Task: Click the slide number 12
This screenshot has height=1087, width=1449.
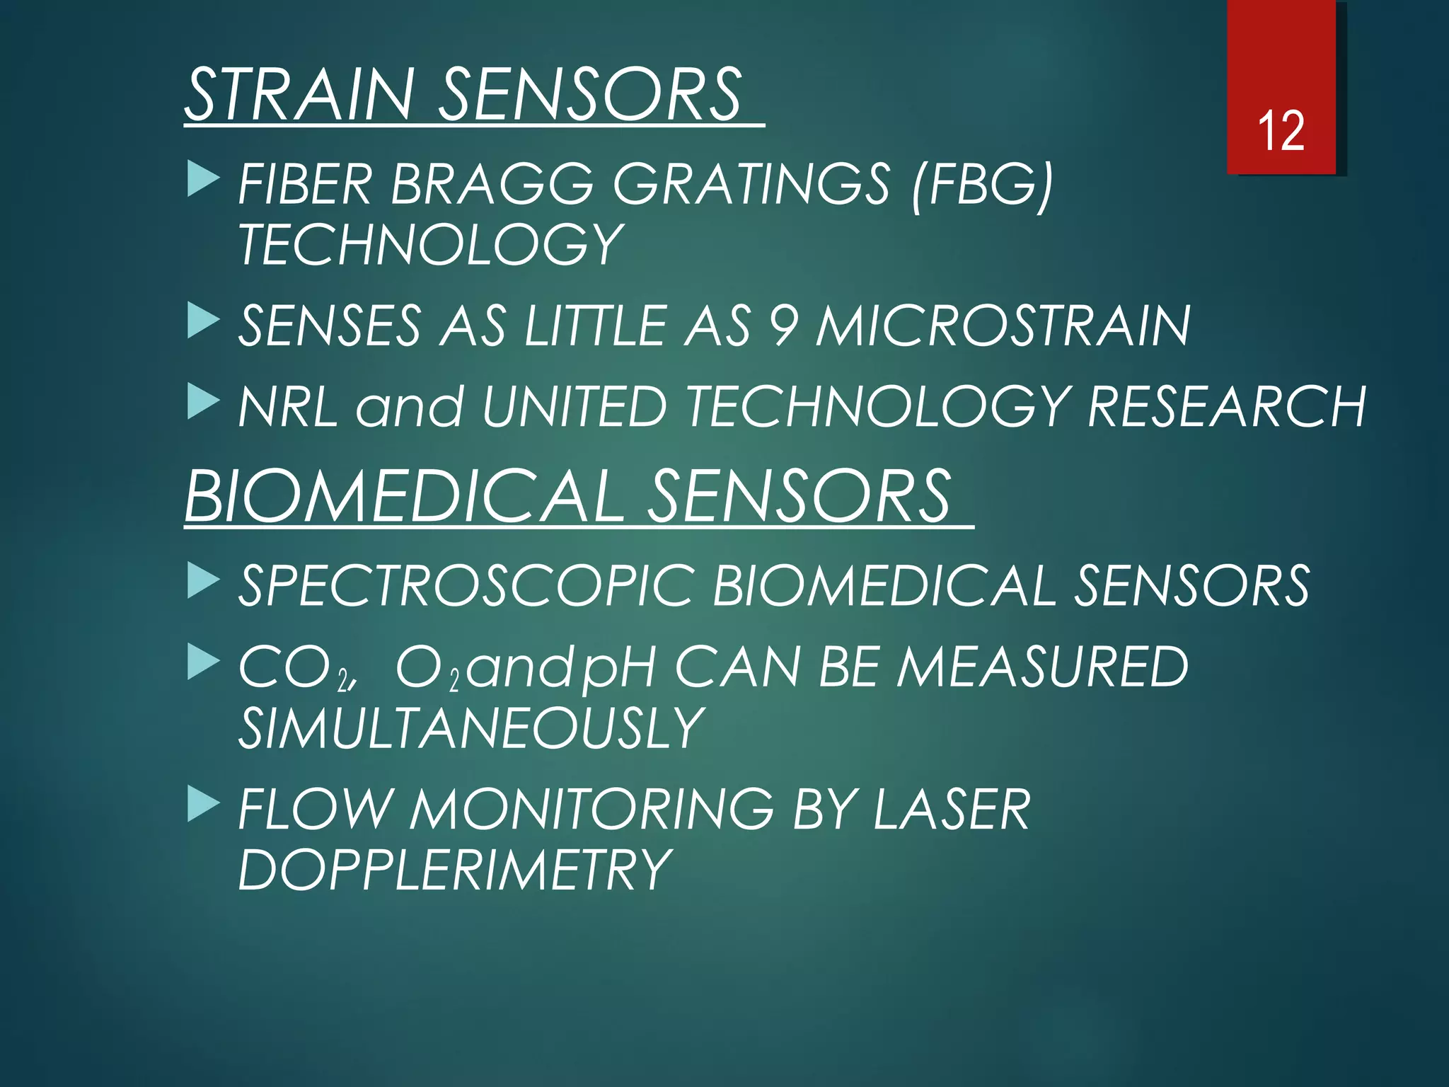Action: click(x=1281, y=132)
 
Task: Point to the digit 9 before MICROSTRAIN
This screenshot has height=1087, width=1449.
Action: click(x=784, y=326)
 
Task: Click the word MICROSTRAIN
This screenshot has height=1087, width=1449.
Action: click(x=1003, y=326)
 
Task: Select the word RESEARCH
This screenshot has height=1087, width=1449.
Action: click(x=1226, y=407)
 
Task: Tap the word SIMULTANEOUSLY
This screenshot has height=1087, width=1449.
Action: click(x=471, y=728)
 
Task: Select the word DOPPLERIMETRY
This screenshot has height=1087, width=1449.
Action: click(x=454, y=870)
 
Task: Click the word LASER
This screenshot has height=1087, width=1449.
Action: click(x=952, y=810)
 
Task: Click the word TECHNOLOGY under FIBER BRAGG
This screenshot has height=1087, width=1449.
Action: click(x=430, y=245)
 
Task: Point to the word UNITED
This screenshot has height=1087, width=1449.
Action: click(x=574, y=407)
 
